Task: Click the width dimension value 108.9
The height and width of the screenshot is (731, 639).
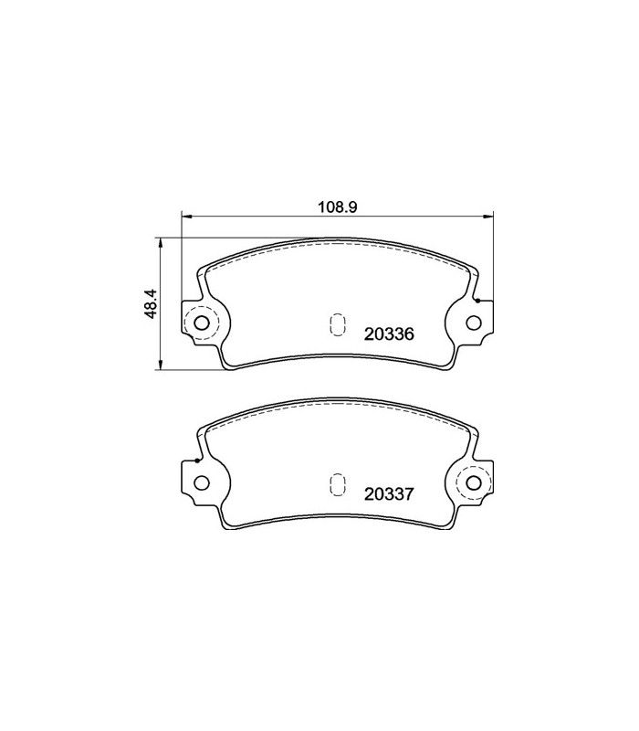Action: click(x=336, y=207)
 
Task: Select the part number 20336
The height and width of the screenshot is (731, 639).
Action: click(x=390, y=334)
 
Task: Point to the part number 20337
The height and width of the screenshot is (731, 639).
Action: click(x=390, y=494)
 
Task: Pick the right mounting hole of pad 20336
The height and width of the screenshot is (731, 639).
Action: click(x=474, y=322)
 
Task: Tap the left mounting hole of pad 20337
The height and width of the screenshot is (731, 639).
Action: click(x=202, y=482)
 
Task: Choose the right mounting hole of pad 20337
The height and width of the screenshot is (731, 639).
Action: click(x=475, y=482)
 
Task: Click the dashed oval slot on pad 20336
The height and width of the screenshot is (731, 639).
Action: click(x=337, y=324)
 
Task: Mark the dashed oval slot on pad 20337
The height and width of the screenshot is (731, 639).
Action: click(x=337, y=484)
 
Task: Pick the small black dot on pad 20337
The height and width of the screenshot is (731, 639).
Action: click(x=196, y=460)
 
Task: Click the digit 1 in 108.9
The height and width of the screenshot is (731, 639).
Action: click(x=320, y=207)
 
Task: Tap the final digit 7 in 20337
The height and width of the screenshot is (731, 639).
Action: click(x=411, y=494)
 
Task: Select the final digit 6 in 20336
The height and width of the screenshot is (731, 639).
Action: click(x=411, y=334)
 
